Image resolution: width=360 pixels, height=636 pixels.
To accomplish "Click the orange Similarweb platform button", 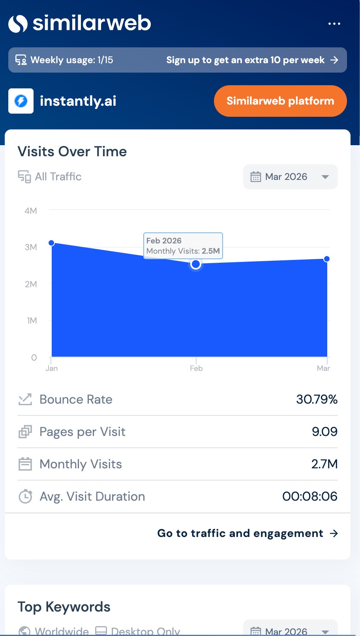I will pos(280,101).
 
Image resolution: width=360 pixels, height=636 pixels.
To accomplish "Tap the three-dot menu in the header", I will pos(334,24).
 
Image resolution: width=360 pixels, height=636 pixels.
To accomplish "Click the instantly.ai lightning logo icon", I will pos(21,101).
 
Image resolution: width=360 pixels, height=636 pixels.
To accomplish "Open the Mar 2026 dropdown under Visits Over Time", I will pos(290,177).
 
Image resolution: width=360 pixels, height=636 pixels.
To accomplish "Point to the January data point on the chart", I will pos(51,243).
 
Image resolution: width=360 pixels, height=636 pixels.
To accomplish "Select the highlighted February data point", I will pos(195,264).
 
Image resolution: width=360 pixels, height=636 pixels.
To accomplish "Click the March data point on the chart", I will pos(326,259).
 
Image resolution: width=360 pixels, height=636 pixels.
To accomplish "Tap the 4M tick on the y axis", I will pos(31,211).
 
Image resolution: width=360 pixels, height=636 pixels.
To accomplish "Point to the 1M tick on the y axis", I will pos(32,320).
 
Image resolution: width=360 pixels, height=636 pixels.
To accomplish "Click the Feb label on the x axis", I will pos(196,368).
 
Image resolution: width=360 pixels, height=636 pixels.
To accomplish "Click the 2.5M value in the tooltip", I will pos(211,251).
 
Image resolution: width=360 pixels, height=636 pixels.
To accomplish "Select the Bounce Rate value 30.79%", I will pos(317,399).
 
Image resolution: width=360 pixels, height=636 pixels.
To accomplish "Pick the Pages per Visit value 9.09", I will pos(324,432).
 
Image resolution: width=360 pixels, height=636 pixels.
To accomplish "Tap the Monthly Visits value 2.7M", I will pos(324,464).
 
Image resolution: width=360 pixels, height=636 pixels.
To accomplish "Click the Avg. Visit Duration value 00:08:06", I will pos(310,496).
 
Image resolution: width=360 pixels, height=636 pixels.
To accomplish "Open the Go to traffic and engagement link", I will pos(247,533).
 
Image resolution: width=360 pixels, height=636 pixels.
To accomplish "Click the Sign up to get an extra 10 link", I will pos(252,60).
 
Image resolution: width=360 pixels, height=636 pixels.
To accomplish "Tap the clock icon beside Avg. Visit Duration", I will pos(25,496).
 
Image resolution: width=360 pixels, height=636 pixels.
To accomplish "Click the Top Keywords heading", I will pos(64,607).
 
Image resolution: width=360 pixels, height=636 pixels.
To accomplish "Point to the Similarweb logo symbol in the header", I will pos(18,24).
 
